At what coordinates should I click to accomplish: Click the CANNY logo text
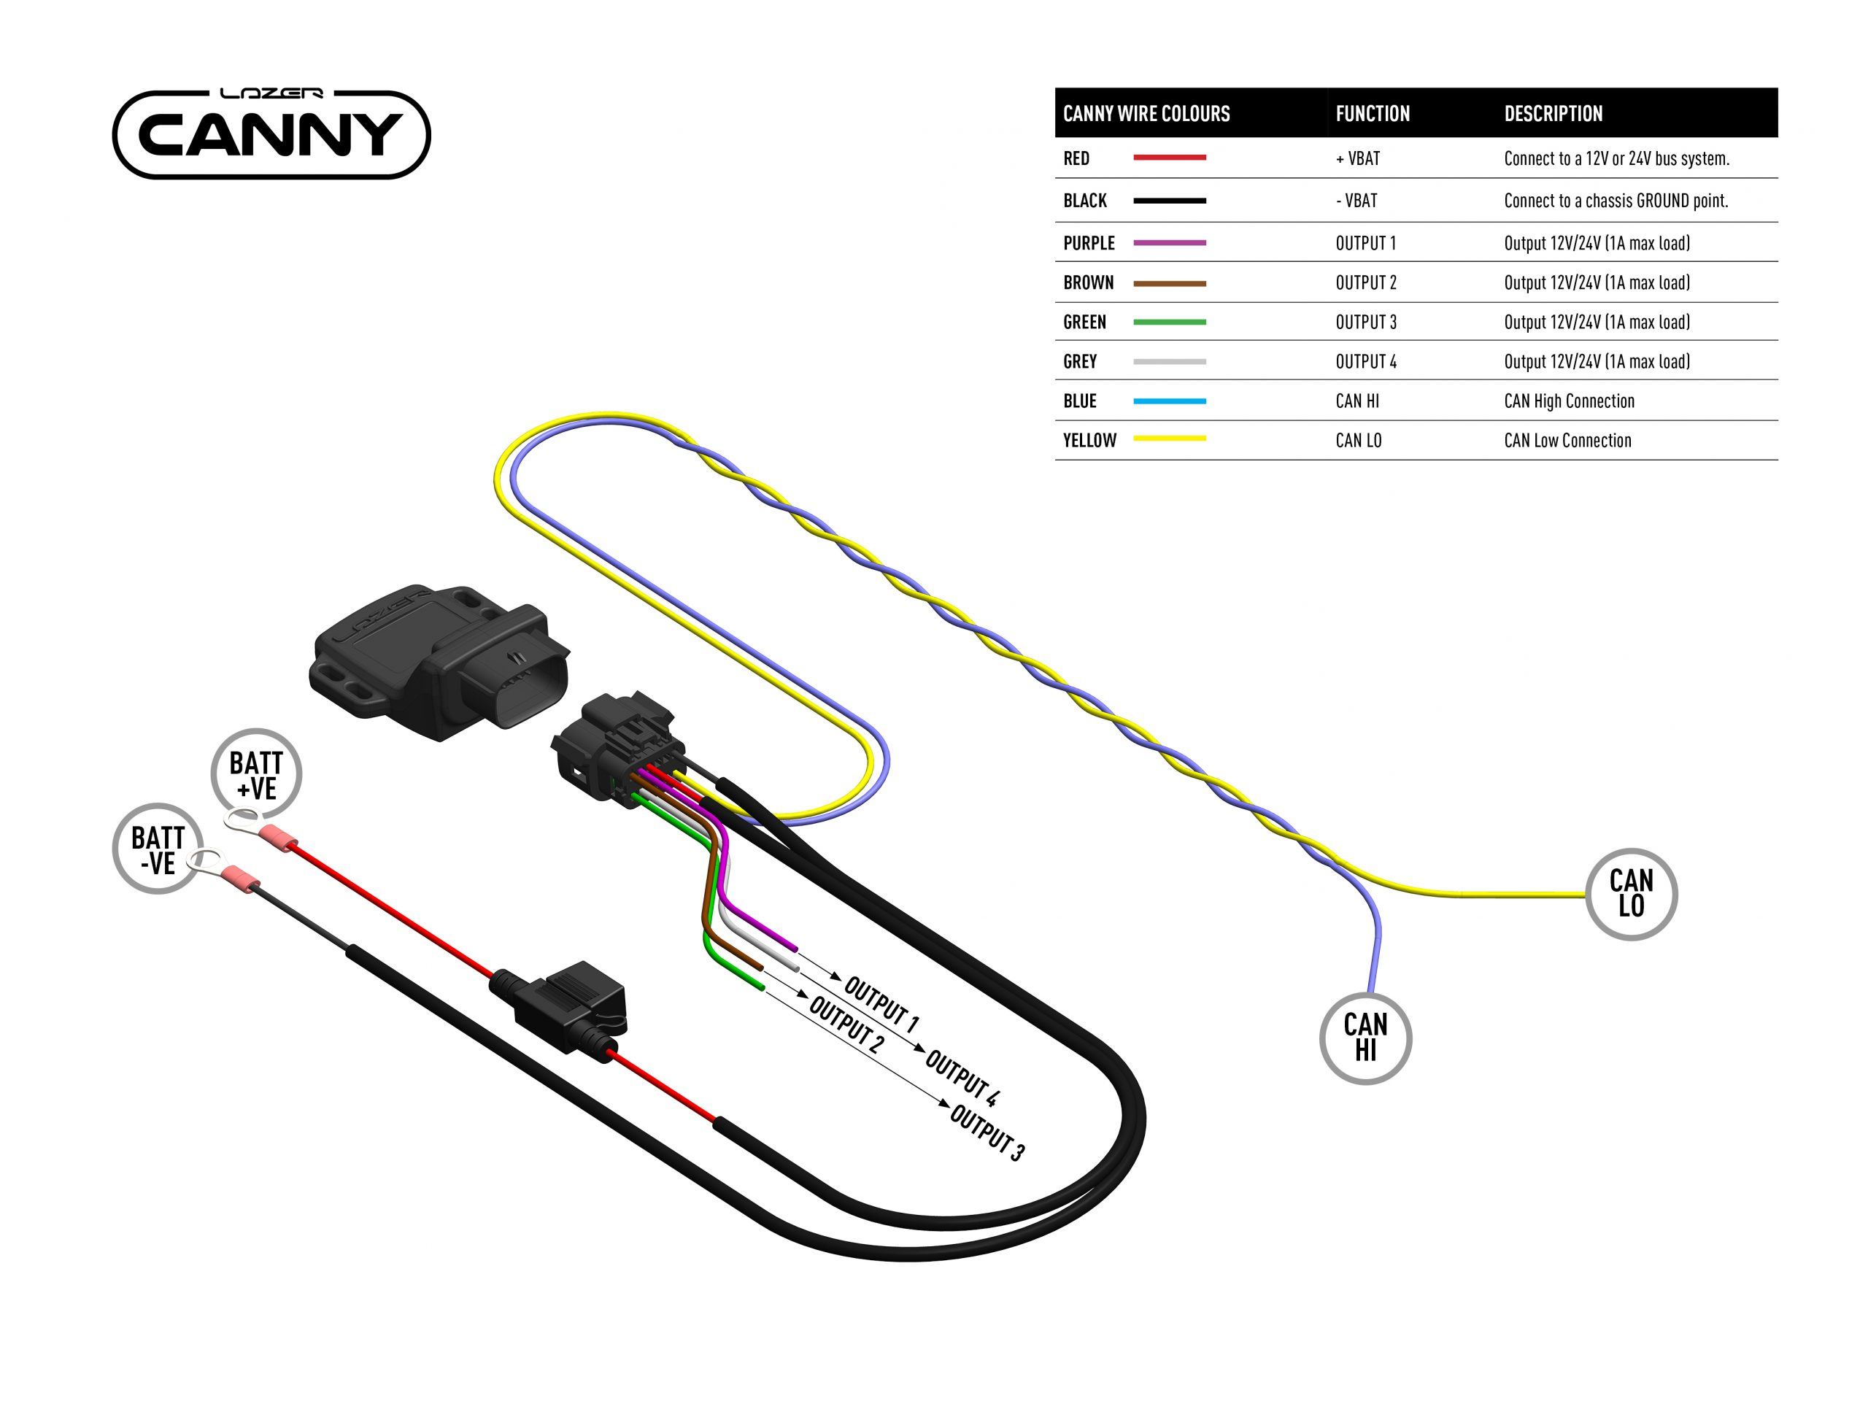(270, 135)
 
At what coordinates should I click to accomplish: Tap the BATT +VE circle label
(256, 774)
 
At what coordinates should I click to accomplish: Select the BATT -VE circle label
(158, 849)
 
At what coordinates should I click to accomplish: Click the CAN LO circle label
(1631, 893)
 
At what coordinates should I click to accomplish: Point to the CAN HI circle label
(1365, 1038)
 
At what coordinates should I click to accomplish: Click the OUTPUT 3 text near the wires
(987, 1132)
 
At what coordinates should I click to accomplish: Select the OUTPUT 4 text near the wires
(962, 1077)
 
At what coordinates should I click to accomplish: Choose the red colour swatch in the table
(1169, 158)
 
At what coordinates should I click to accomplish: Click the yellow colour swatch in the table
(1169, 439)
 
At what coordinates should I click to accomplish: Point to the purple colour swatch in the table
(1169, 243)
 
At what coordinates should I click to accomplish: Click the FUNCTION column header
(1373, 114)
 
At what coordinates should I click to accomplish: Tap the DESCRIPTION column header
(1552, 114)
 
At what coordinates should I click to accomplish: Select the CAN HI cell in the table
(1357, 401)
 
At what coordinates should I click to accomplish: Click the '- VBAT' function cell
(1356, 201)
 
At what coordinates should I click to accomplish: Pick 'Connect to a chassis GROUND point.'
(1616, 201)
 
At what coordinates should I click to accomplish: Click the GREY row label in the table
(1080, 361)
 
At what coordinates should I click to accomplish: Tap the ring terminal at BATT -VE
(204, 861)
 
